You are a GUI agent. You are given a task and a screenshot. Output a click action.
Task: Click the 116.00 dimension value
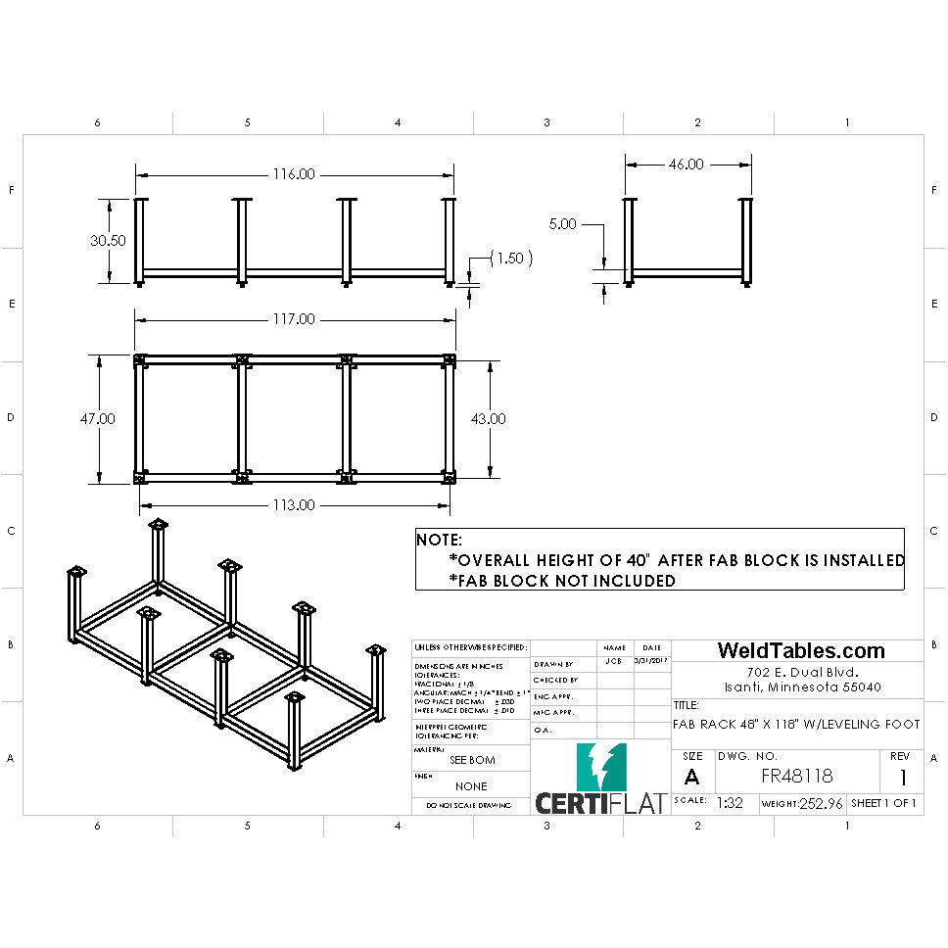294,174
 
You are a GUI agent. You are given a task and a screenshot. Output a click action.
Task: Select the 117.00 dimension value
294,319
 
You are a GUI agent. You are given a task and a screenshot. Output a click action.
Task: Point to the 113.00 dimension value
294,505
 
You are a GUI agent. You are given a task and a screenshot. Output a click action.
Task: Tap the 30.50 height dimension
108,241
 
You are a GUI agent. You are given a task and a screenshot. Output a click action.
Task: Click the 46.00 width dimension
686,165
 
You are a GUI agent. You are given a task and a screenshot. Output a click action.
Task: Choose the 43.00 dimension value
489,418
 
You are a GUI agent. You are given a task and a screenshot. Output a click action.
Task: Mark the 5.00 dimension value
563,223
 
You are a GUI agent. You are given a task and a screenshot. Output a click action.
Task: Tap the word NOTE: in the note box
440,540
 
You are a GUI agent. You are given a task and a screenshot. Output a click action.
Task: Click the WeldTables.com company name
800,650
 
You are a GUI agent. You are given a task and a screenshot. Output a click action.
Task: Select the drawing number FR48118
796,776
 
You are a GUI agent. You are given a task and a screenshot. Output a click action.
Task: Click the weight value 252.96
822,803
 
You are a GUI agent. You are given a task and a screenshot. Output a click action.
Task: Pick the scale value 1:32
730,802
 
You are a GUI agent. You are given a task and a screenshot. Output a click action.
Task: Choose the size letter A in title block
692,777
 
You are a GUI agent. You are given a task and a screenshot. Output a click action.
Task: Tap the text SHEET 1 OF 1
883,803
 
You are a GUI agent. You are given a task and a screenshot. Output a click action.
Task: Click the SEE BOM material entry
471,760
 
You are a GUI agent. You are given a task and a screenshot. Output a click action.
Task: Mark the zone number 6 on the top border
97,122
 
